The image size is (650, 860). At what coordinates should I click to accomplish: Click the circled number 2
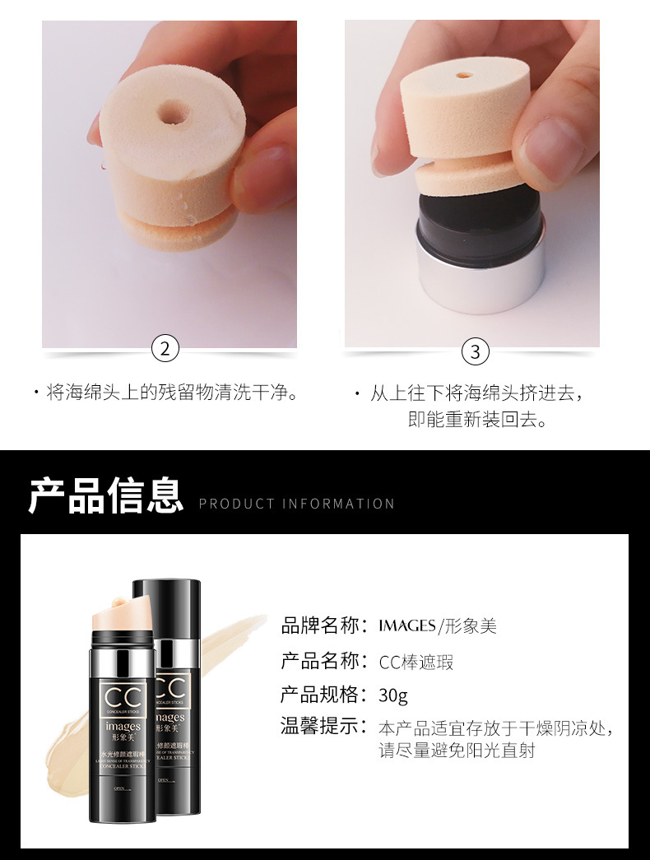166,349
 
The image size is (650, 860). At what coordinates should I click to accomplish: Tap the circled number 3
476,351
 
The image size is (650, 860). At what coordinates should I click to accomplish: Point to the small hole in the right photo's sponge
464,75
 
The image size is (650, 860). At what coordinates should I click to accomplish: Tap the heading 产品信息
105,495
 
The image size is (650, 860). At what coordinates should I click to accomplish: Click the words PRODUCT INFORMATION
297,504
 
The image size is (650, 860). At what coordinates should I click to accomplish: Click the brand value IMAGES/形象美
438,626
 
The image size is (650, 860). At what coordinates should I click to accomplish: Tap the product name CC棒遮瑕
416,662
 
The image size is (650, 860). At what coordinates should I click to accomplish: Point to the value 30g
393,695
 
